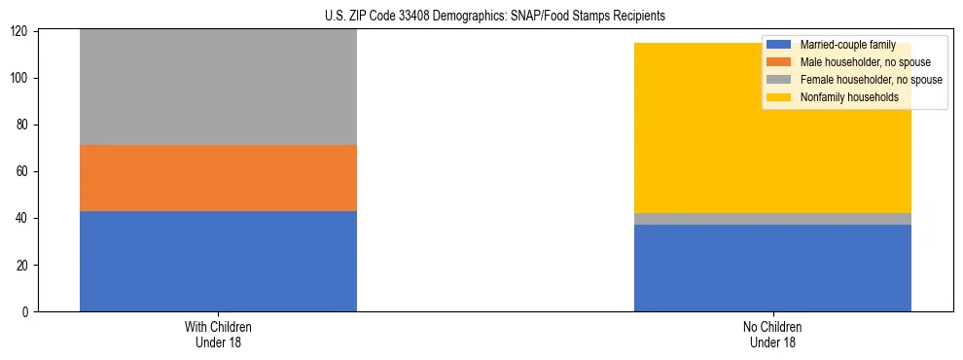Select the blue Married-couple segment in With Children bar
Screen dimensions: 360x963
click(218, 261)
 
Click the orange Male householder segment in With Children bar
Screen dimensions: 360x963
click(218, 178)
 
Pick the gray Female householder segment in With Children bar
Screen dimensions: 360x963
click(218, 88)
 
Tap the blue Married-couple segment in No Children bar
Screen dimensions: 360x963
click(772, 268)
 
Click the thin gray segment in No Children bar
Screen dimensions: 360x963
click(772, 219)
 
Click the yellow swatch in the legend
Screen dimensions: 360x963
click(779, 97)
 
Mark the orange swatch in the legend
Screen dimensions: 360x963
click(779, 62)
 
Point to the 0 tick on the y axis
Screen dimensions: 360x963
click(25, 311)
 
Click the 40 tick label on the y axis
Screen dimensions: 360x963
click(22, 218)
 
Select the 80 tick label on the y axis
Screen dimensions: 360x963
click(22, 125)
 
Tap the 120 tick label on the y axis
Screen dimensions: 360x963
click(19, 31)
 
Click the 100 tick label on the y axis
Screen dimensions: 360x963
click(19, 78)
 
